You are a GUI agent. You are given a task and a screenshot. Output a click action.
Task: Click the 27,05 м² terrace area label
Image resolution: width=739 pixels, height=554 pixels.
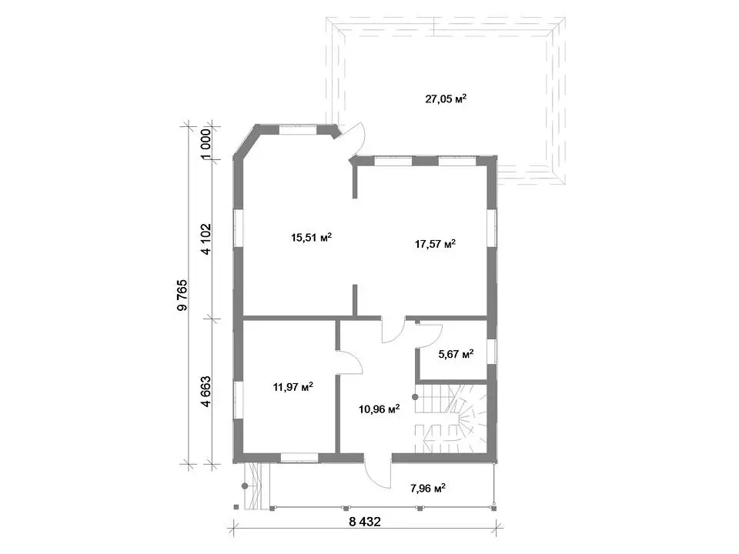pyautogui.click(x=446, y=99)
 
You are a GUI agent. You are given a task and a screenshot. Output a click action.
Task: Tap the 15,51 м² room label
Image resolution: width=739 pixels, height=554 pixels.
pyautogui.click(x=312, y=237)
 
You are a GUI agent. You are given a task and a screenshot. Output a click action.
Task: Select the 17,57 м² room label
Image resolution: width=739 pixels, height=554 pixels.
pyautogui.click(x=435, y=244)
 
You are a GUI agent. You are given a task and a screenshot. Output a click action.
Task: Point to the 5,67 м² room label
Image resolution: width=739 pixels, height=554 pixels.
pyautogui.click(x=456, y=354)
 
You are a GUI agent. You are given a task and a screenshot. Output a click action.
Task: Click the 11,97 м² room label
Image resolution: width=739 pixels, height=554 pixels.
pyautogui.click(x=293, y=387)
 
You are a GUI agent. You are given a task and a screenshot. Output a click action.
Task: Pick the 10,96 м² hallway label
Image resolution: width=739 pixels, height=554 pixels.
pyautogui.click(x=380, y=409)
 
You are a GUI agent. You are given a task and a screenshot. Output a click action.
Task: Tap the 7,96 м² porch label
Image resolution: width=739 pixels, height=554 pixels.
pyautogui.click(x=428, y=488)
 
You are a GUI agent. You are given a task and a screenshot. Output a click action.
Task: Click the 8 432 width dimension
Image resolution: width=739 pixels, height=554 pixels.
pyautogui.click(x=365, y=522)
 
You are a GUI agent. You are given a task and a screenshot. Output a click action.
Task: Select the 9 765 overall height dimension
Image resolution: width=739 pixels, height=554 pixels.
pyautogui.click(x=182, y=295)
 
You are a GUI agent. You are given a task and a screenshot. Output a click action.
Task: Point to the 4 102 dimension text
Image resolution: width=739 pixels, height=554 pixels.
pyautogui.click(x=206, y=239)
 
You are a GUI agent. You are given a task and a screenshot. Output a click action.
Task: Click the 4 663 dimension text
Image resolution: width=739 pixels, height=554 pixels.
pyautogui.click(x=206, y=391)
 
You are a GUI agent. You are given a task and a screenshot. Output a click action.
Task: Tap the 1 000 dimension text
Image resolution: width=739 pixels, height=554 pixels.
pyautogui.click(x=206, y=144)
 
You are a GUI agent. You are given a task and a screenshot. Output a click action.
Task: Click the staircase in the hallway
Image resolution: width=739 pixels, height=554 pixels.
pyautogui.click(x=451, y=419)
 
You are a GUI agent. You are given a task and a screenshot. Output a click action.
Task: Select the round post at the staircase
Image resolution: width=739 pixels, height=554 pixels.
pyautogui.click(x=416, y=397)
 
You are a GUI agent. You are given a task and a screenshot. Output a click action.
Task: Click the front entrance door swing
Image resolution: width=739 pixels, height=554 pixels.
pyautogui.click(x=377, y=471)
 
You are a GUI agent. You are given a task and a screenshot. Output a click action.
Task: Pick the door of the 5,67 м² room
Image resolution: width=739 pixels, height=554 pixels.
pyautogui.click(x=429, y=335)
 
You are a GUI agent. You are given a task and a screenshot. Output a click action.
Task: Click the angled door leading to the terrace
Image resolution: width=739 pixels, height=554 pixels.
pyautogui.click(x=356, y=140)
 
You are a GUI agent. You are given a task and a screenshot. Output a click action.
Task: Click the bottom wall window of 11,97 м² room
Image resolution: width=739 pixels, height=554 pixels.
pyautogui.click(x=299, y=457)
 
